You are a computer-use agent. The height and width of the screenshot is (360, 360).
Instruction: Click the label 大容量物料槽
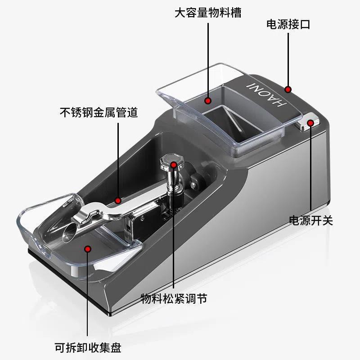208,13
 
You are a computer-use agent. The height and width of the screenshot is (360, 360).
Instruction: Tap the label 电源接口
288,24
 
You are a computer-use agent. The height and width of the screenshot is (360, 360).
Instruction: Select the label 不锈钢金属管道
99,112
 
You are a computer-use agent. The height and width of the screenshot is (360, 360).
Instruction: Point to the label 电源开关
311,220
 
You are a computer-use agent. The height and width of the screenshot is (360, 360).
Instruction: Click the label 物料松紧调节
174,299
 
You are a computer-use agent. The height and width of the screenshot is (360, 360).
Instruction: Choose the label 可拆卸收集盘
88,347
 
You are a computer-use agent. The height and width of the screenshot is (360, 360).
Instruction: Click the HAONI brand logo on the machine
266,94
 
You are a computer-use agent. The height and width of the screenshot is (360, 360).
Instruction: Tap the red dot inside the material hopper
208,100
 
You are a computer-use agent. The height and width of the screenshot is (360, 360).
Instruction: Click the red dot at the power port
288,89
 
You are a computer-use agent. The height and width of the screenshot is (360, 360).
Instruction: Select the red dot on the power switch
310,123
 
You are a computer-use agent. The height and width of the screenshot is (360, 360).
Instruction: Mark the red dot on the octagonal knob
174,165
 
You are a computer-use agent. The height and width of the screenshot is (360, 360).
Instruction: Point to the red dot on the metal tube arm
118,201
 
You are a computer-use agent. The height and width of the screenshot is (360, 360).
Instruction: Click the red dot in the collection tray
88,249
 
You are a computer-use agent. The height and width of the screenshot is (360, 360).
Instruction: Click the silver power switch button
308,121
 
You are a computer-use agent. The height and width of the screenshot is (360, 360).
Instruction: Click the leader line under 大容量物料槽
208,60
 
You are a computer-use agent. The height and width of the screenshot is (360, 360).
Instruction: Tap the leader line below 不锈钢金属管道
118,161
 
